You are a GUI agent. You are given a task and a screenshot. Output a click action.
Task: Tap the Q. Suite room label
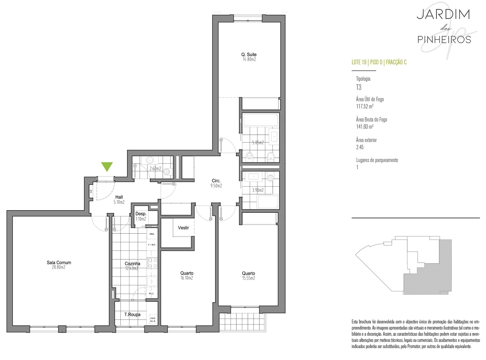pyautogui.click(x=249, y=54)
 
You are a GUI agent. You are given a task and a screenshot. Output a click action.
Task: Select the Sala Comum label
pyautogui.click(x=59, y=263)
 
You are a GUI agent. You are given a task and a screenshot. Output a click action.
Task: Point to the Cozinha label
pyautogui.click(x=132, y=264)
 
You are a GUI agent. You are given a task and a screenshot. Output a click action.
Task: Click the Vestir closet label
pyautogui.click(x=183, y=228)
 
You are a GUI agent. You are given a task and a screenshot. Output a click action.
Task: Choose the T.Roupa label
pyautogui.click(x=132, y=314)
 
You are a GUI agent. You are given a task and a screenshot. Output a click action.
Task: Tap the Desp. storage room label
pyautogui.click(x=141, y=214)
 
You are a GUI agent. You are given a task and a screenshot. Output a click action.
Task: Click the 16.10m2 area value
pyautogui.click(x=187, y=278)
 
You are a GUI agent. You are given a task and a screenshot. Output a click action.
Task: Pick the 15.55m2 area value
pyautogui.click(x=248, y=278)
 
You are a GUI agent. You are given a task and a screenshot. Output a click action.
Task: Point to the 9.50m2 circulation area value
pyautogui.click(x=216, y=185)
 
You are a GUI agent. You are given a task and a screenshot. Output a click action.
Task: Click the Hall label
pyautogui.click(x=119, y=197)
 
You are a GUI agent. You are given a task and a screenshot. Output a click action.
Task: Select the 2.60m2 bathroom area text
pyautogui.click(x=155, y=168)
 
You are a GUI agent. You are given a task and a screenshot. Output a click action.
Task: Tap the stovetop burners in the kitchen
pyautogui.click(x=152, y=263)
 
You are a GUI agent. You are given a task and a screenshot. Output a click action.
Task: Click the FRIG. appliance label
pyautogui.click(x=152, y=234)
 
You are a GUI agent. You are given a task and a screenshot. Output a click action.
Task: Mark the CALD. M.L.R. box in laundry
pyautogui.click(x=153, y=320)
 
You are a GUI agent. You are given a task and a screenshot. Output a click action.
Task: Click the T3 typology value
pyautogui.click(x=359, y=87)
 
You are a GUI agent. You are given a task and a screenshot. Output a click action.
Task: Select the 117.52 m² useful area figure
pyautogui.click(x=364, y=106)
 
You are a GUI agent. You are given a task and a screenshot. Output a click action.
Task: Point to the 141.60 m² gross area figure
pyautogui.click(x=364, y=126)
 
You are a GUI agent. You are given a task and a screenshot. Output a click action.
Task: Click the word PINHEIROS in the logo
pyautogui.click(x=444, y=40)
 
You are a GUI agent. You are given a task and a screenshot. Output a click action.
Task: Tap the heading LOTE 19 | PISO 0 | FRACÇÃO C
pyautogui.click(x=379, y=62)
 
